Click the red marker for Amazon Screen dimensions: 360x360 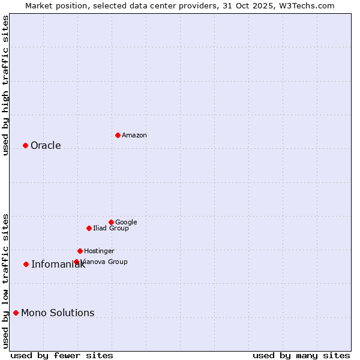[x=118, y=135]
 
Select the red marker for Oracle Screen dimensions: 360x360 [x=25, y=145]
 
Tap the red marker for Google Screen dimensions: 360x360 [x=111, y=222]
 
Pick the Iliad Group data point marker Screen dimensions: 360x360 [x=89, y=228]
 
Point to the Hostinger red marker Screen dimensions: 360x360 [x=80, y=251]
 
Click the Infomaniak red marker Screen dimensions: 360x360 [x=26, y=264]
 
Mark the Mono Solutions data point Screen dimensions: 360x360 [x=16, y=313]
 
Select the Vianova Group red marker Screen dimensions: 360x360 [x=76, y=262]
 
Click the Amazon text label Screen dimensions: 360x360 [x=134, y=136]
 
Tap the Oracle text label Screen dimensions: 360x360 [x=46, y=146]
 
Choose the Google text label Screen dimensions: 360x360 [x=126, y=223]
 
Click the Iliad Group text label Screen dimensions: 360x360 [x=111, y=229]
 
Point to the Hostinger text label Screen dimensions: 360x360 [x=99, y=251]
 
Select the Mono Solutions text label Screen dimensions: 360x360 [x=58, y=313]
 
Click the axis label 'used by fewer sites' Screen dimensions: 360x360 [x=62, y=355]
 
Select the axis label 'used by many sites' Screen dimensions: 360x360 [x=301, y=355]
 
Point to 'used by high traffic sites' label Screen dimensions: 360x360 [x=5, y=85]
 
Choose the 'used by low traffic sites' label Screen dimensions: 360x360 [x=5, y=281]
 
